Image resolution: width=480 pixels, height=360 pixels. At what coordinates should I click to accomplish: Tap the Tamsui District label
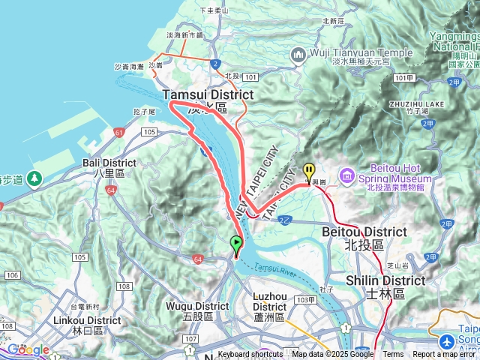tap(208, 94)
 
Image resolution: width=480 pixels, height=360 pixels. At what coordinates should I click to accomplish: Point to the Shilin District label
tap(385, 280)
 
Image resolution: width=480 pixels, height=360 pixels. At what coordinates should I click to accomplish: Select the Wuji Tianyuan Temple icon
tap(298, 53)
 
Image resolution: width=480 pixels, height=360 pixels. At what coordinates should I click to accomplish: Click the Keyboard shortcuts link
tap(250, 354)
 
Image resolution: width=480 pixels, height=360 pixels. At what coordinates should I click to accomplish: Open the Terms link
tap(393, 354)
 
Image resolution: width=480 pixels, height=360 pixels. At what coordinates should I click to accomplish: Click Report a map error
tap(444, 354)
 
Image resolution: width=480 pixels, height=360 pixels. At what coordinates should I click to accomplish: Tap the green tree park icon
tap(34, 178)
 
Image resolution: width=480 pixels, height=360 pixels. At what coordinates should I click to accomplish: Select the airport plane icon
tap(448, 340)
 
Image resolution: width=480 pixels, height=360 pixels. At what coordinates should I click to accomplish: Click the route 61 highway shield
tap(118, 133)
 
